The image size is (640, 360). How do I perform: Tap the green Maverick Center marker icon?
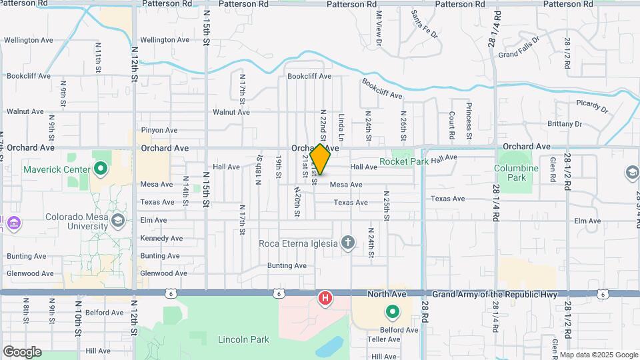[101, 168]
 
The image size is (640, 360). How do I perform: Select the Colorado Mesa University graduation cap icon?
[118, 220]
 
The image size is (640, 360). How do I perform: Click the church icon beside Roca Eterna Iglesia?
[347, 243]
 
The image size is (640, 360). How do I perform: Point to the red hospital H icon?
[325, 297]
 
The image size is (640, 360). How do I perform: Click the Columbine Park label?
[517, 173]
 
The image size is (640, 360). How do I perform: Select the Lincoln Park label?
[243, 339]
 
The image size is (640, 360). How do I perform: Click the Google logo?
[22, 351]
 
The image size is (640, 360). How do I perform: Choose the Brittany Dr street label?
[564, 124]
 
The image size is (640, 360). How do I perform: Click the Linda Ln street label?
[341, 126]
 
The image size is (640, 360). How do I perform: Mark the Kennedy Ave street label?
[161, 238]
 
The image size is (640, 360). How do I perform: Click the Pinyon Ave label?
[159, 130]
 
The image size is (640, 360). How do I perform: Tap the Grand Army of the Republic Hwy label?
[499, 294]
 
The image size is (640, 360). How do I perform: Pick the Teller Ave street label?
[383, 339]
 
